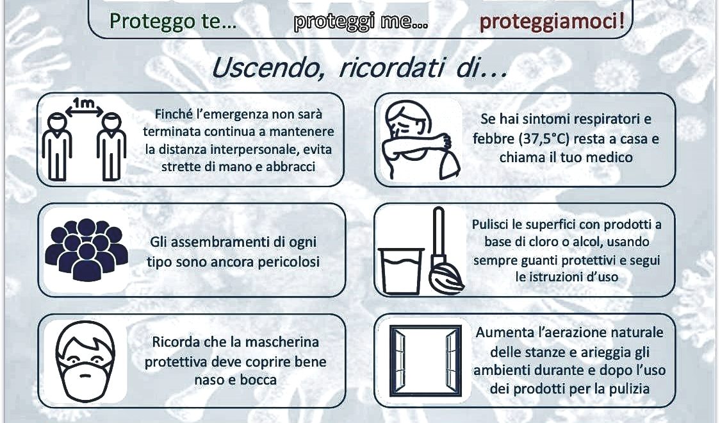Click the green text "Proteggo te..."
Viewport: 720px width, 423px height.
[x=173, y=22]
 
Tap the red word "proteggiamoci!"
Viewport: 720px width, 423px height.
[x=552, y=22]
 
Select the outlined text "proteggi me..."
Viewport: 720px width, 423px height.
[x=361, y=22]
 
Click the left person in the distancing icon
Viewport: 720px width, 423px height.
[x=56, y=147]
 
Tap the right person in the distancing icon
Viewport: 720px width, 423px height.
[x=111, y=147]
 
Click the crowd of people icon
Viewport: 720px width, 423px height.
[x=86, y=249]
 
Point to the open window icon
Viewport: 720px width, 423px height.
[x=425, y=361]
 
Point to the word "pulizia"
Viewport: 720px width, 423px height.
[x=629, y=389]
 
